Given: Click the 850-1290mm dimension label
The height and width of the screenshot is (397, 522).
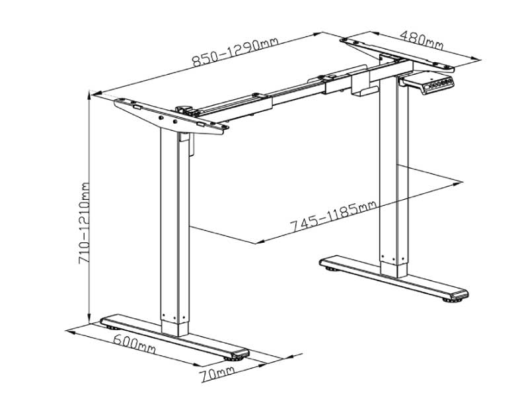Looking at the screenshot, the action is point(235,51).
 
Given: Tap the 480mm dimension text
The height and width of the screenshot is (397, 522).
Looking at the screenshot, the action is point(422,40).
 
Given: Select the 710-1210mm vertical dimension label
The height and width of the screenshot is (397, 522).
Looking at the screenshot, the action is point(84,223).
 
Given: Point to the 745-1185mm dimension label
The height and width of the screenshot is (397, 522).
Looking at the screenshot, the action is point(333,216).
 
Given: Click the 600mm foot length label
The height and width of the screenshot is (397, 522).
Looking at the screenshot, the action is point(134,343).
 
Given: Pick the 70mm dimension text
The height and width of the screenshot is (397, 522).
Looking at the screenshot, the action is point(217,373).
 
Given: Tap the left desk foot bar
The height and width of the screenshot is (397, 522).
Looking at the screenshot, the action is point(174,337).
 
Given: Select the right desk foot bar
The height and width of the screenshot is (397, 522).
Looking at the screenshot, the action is point(394,277).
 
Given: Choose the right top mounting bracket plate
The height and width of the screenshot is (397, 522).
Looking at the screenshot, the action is point(397,54).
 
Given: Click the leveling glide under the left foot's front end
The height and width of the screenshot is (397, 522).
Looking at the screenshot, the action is point(235,359).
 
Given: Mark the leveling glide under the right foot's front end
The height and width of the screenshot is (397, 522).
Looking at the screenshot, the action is point(453,299).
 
